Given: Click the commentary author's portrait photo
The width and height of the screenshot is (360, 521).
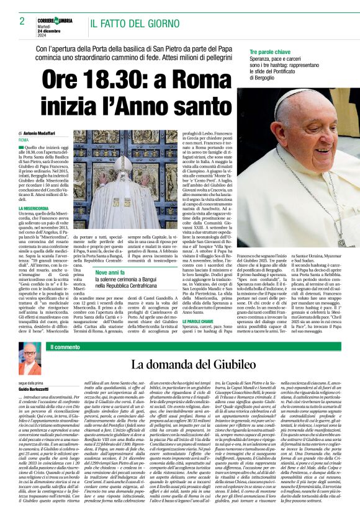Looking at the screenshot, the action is pyautogui.click(x=27, y=358).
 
